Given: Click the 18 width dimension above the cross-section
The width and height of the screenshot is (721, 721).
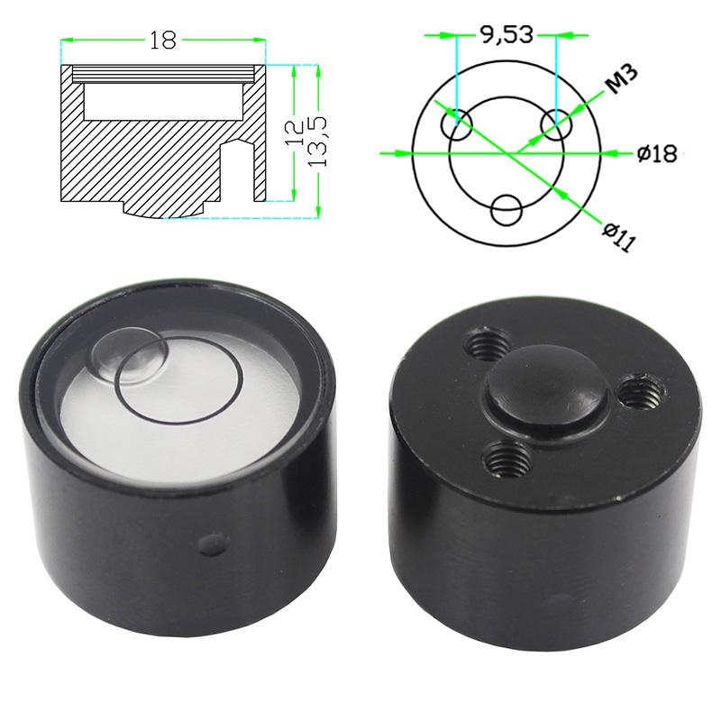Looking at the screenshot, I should [x=163, y=40].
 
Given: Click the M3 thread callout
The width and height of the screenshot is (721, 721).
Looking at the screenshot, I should [x=620, y=82].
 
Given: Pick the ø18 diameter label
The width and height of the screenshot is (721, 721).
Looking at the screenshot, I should [x=655, y=153].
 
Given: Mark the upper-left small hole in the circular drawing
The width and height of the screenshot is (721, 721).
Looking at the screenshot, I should [x=458, y=125].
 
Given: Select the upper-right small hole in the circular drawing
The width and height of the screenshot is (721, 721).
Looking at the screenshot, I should [x=555, y=122].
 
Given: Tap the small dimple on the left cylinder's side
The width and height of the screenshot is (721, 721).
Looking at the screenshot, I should [x=212, y=543].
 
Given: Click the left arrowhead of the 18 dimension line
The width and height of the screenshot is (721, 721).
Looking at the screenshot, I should [x=66, y=40].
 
